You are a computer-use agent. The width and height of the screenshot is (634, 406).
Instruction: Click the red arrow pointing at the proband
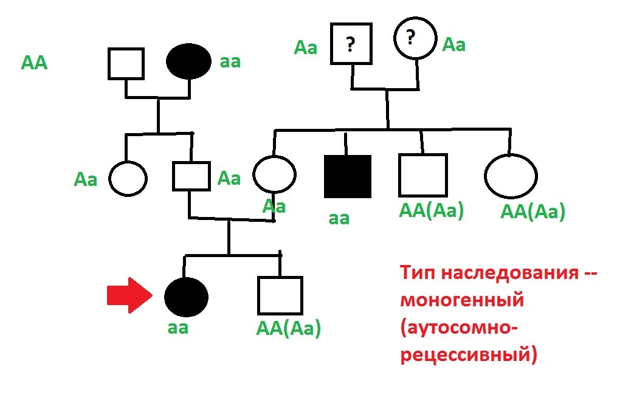tap(128, 296)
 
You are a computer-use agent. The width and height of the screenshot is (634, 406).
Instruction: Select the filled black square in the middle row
tap(347, 176)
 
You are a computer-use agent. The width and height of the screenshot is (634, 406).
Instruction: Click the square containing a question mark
tap(351, 44)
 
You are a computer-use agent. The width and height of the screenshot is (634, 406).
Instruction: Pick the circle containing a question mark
tap(415, 40)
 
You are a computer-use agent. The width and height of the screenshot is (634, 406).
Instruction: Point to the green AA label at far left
tap(34, 63)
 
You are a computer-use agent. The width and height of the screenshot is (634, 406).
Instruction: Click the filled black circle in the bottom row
tap(187, 296)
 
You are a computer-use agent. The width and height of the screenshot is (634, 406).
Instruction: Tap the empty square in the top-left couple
tap(126, 63)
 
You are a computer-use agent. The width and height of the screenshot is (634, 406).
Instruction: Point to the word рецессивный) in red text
tap(469, 354)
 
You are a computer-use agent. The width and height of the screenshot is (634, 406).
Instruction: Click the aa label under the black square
tap(339, 218)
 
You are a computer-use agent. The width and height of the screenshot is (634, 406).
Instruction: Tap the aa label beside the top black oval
tap(230, 61)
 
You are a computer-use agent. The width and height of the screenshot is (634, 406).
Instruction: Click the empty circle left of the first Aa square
tap(128, 178)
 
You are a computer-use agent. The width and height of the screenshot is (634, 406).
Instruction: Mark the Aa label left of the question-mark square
tap(306, 47)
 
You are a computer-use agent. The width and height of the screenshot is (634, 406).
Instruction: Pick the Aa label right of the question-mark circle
tap(454, 44)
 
